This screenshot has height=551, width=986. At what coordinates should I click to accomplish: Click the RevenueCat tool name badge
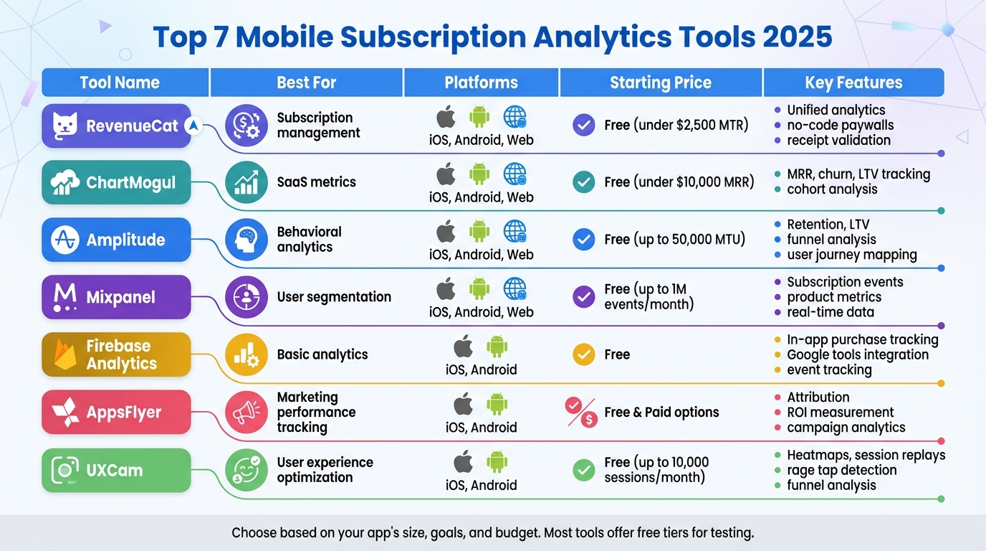click(116, 126)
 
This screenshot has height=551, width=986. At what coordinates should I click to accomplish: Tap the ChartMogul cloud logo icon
click(65, 183)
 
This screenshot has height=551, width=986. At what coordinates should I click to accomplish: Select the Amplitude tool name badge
click(116, 240)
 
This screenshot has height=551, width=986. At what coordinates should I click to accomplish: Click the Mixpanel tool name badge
click(116, 297)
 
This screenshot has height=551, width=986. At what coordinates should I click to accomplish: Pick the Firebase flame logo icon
click(65, 354)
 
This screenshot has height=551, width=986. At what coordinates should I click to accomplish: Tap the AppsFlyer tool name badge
click(116, 413)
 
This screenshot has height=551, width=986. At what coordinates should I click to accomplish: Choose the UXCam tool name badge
click(116, 471)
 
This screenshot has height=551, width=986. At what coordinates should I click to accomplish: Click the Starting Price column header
click(661, 83)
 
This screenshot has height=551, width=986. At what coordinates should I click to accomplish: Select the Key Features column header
click(853, 83)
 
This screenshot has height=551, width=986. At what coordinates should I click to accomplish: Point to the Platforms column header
click(482, 83)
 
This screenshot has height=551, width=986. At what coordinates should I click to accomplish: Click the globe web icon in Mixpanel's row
click(514, 288)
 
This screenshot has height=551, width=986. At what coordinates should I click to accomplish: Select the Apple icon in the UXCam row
click(464, 462)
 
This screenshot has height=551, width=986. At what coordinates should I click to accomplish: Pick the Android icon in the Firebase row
click(497, 347)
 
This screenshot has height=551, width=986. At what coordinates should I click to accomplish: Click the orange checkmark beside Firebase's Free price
click(584, 354)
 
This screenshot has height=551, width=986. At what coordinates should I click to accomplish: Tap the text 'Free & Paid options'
click(661, 413)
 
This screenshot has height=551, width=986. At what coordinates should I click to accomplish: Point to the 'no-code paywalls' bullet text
click(840, 126)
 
